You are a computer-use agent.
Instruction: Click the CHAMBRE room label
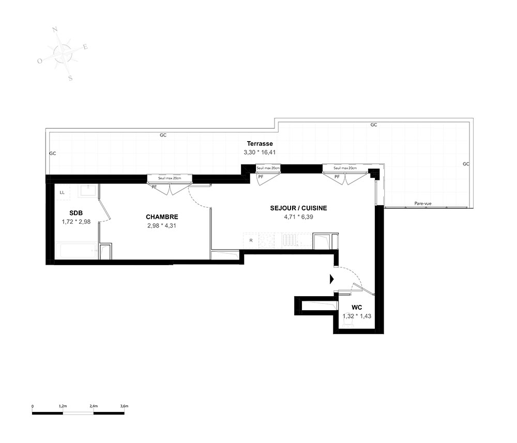click(162, 217)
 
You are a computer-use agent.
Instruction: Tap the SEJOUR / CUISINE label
click(298, 208)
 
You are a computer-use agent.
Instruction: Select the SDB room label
click(76, 213)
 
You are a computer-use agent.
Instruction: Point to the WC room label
click(357, 308)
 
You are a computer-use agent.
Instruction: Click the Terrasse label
click(260, 144)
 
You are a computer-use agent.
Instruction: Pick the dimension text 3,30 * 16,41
click(260, 152)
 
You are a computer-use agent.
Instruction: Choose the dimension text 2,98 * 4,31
click(161, 226)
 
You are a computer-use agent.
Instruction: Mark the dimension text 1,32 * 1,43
click(357, 316)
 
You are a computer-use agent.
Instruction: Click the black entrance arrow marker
click(332, 279)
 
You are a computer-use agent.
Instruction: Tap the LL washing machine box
click(63, 192)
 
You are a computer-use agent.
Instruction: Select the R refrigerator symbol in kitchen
click(251, 240)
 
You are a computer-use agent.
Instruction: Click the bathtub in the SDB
click(77, 251)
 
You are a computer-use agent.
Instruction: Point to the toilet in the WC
click(348, 325)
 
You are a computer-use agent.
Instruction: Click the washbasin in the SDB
click(88, 190)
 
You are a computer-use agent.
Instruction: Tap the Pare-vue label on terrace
click(423, 203)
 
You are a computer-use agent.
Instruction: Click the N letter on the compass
click(55, 29)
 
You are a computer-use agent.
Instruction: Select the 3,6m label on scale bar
click(124, 406)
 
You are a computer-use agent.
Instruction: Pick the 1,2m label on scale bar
click(63, 406)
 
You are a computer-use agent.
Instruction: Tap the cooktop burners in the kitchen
click(267, 240)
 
